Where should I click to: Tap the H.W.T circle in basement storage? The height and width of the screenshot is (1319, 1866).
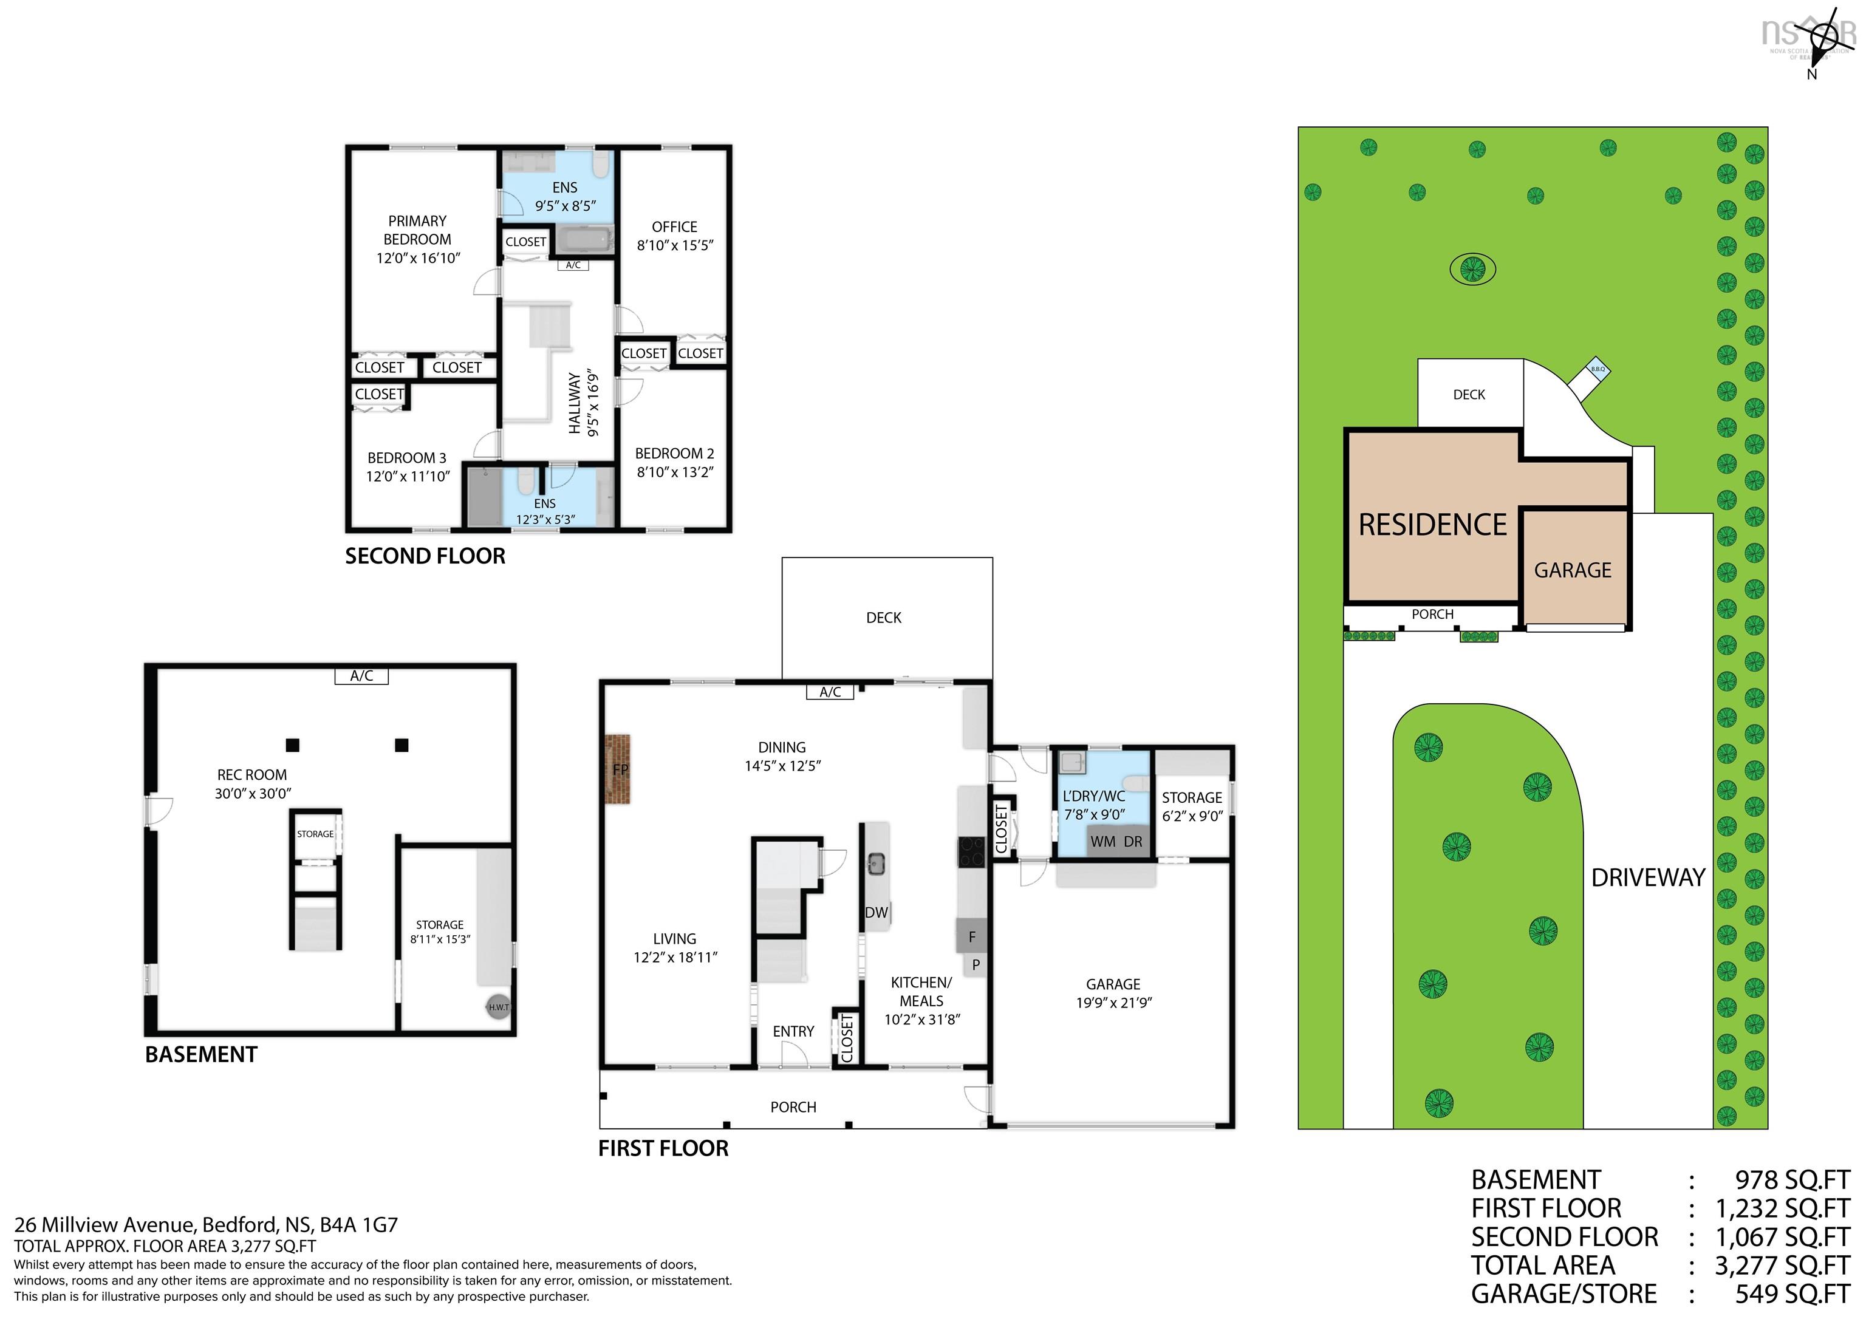[498, 1007]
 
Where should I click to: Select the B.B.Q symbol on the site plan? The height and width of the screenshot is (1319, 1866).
[1598, 370]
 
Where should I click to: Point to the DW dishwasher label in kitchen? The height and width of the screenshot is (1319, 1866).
[876, 913]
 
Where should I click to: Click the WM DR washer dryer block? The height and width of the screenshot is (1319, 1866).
[1116, 841]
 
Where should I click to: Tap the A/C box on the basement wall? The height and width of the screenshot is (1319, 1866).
[361, 675]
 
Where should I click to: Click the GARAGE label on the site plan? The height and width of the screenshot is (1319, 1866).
[1572, 570]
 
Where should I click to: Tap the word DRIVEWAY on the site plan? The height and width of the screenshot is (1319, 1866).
[1647, 878]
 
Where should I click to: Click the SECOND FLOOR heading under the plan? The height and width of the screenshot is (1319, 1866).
[425, 556]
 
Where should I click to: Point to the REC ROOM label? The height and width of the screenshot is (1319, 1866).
[252, 774]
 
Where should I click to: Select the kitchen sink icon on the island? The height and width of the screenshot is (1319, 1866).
[876, 862]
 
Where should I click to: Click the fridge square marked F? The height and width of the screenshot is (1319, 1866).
[971, 937]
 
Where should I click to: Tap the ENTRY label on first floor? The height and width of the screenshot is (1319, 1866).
[793, 1031]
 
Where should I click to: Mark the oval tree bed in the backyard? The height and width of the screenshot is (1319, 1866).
[1472, 269]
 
